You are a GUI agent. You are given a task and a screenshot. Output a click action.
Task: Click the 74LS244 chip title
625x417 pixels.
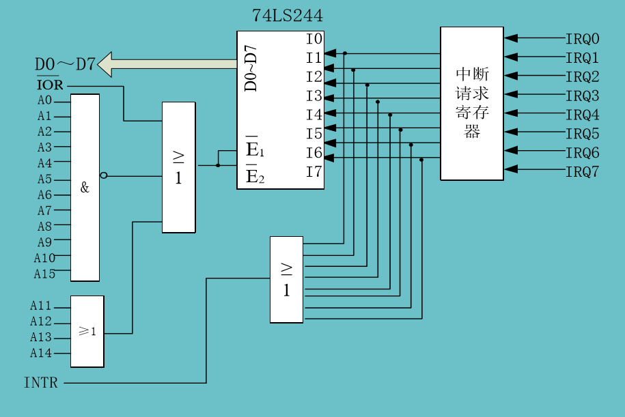(x=288, y=15)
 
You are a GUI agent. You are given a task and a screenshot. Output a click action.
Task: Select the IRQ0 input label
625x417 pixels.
(x=582, y=39)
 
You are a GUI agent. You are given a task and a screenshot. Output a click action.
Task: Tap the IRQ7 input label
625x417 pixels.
(x=582, y=171)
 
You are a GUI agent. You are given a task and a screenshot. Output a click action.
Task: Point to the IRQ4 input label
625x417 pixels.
(x=582, y=115)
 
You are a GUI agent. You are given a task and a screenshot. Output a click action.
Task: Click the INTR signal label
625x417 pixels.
(x=41, y=383)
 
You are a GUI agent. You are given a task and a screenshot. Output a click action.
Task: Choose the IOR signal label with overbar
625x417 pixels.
(x=49, y=86)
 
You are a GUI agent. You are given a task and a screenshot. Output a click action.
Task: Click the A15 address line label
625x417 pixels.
(x=44, y=274)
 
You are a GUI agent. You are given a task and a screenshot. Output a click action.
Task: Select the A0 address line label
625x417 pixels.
(x=44, y=101)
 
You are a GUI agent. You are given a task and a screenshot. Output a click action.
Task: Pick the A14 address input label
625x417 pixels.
(x=40, y=353)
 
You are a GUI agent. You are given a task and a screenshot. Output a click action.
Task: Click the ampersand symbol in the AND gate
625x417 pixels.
(x=85, y=188)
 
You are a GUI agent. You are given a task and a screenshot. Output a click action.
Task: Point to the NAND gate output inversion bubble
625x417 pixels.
(x=103, y=175)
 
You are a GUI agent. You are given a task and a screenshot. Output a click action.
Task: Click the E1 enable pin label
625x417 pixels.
(x=254, y=150)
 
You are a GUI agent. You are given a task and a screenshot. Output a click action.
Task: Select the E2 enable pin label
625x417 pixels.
(x=254, y=177)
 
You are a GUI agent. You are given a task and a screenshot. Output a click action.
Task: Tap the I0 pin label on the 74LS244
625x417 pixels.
(x=314, y=39)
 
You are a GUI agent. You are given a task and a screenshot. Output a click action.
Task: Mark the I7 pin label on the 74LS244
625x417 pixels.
(x=314, y=171)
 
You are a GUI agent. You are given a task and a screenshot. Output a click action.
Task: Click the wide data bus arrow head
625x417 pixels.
(x=105, y=65)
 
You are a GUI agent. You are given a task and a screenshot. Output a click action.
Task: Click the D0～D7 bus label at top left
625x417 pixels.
(x=65, y=65)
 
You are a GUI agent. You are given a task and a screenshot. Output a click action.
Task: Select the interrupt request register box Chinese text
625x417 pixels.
(x=472, y=103)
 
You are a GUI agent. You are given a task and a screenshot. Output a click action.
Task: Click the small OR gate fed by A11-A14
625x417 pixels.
(x=87, y=332)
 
